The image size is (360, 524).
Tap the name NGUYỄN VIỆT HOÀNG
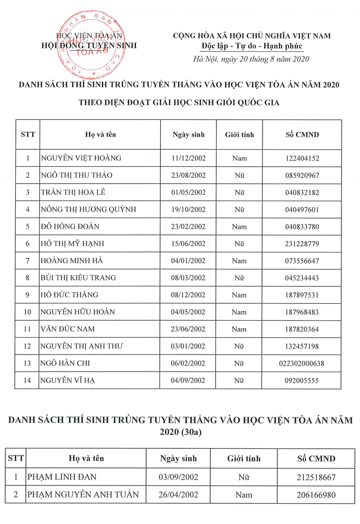[x=81, y=158]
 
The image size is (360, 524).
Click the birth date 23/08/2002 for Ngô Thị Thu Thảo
[x=188, y=175]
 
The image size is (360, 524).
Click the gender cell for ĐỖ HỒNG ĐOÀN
[x=239, y=227]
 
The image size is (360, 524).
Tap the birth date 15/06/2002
[x=188, y=243]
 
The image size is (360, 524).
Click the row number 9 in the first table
[x=27, y=295]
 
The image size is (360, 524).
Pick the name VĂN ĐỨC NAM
[x=68, y=329]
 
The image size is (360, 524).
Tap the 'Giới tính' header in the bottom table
[x=244, y=458]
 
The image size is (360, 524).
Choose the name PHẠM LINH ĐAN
[x=61, y=477]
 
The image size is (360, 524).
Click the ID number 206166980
[x=316, y=495]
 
